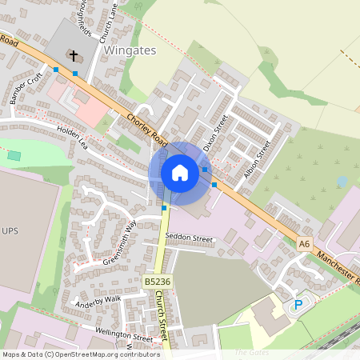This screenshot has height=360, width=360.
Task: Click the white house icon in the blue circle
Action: tap(180, 173)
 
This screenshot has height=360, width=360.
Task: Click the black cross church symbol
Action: tap(74, 55)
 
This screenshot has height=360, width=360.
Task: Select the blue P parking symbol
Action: tap(299, 305)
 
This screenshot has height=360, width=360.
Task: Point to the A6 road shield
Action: tap(303, 244)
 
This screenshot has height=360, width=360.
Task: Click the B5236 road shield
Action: tap(158, 282)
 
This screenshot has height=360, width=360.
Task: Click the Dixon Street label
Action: tap(215, 133)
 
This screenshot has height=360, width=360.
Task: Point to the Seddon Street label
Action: tap(190, 238)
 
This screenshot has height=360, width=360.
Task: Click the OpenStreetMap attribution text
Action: tap(80, 354)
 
